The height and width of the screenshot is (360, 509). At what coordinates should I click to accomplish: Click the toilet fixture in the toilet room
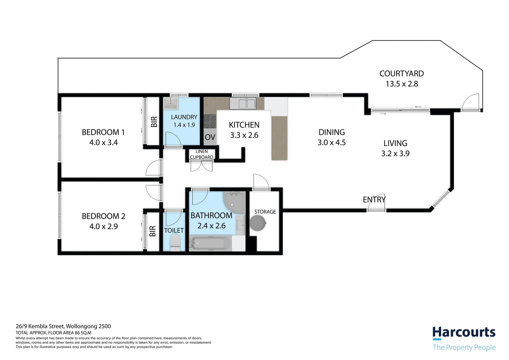click(175, 243)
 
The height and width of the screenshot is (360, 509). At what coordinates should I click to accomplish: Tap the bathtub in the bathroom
click(210, 243)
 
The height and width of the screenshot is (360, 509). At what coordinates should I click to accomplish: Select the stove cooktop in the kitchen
click(210, 121)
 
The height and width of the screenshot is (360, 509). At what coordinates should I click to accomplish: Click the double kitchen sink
click(243, 103)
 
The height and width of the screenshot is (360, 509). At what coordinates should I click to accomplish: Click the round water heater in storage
click(258, 223)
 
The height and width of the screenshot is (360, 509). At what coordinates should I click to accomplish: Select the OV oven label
click(210, 137)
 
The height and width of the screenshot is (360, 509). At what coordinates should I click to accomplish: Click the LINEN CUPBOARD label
click(202, 154)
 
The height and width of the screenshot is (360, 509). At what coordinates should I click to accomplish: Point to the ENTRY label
click(374, 200)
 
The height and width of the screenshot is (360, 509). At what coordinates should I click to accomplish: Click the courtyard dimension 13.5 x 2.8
click(401, 84)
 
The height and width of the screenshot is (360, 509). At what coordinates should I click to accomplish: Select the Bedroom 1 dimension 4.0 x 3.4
click(103, 143)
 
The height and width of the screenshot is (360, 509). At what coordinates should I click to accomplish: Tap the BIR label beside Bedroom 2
click(153, 231)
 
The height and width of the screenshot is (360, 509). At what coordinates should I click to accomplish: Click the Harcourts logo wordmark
click(464, 333)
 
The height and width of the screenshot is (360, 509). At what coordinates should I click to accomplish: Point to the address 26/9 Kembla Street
click(63, 326)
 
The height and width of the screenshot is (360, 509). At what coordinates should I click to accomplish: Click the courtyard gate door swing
click(470, 102)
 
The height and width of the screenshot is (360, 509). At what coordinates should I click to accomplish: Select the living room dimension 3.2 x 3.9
click(395, 154)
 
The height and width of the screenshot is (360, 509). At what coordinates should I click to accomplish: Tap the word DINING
click(331, 132)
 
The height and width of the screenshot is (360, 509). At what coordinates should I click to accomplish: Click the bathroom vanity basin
click(240, 225)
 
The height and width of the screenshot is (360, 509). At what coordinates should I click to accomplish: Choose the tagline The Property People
click(464, 347)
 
